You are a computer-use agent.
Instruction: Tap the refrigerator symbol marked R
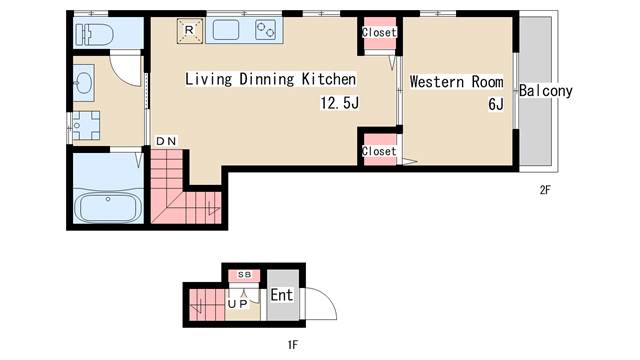pos(190,31)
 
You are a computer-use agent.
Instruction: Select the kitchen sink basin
pos(226,30)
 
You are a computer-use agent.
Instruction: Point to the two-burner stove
pos(265,30)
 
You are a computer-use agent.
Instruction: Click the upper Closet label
pos(379,32)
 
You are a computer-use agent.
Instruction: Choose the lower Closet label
pos(379,151)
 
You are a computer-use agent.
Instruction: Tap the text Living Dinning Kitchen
pos(271,79)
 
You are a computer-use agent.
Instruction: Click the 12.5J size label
pos(340,103)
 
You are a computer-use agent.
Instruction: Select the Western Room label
pos(456,82)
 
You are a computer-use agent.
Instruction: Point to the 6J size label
pos(496,104)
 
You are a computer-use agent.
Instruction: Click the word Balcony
pos(546,91)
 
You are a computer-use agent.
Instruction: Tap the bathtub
pos(108,206)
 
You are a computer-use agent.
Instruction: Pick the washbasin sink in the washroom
pos(84,83)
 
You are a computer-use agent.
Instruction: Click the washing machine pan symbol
pos(85,125)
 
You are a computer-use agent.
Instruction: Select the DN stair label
pos(166,141)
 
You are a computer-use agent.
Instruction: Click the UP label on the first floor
pos(238,304)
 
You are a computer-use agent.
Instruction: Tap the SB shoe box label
pos(244,275)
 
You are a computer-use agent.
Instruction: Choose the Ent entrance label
pos(282,295)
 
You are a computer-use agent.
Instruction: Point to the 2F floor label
pos(545,190)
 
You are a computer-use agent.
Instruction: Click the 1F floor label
pos(292,345)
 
